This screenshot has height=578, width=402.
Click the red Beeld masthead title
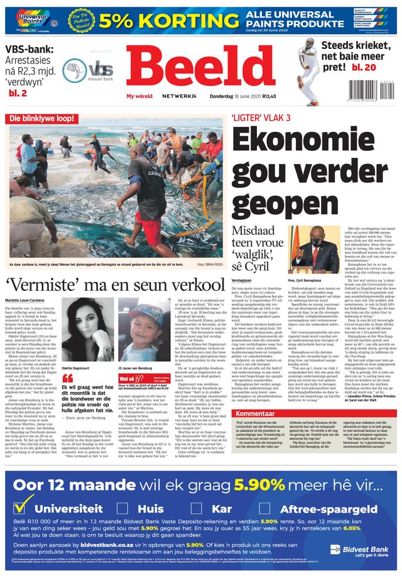click(x=200, y=69)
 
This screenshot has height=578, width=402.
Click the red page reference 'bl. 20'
click(x=364, y=67)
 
